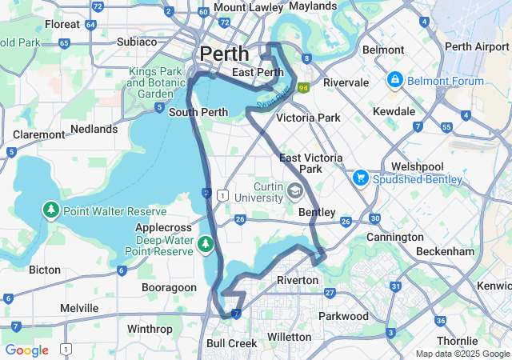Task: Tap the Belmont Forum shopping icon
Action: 395,81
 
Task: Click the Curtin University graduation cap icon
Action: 295,190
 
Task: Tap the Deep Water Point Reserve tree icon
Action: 205,242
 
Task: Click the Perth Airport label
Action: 476,46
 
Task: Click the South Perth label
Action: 194,113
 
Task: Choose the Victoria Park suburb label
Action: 308,118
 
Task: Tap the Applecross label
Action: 162,228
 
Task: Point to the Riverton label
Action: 298,280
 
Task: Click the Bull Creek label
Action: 232,343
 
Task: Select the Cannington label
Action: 394,237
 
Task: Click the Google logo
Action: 26,350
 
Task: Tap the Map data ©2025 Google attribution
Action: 462,354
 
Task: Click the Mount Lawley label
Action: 241,7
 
